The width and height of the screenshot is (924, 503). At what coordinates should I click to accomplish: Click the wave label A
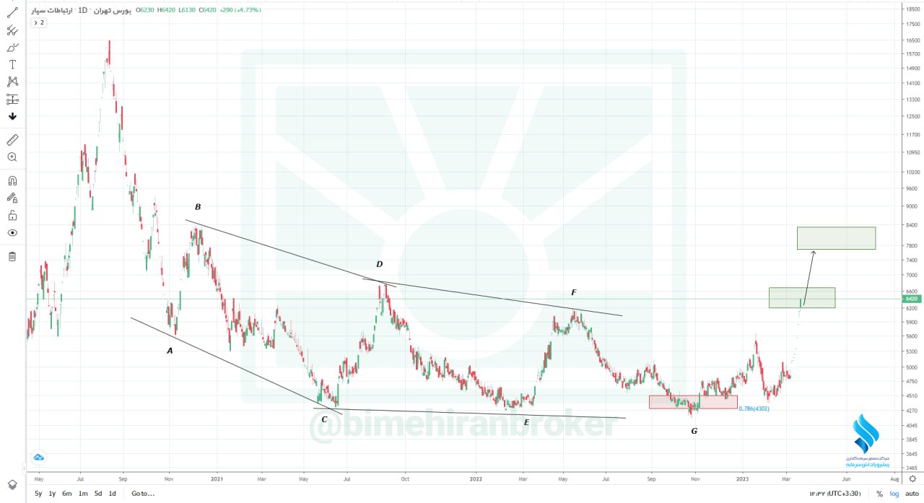click(x=170, y=351)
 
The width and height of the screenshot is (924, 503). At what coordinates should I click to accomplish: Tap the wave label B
click(x=197, y=207)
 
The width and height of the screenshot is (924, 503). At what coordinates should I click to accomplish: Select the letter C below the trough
click(x=324, y=419)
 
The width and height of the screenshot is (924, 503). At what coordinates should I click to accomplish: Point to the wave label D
click(x=379, y=264)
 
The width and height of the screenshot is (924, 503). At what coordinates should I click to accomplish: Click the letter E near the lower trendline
click(x=526, y=422)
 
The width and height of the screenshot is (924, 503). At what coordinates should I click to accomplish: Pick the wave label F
click(x=573, y=292)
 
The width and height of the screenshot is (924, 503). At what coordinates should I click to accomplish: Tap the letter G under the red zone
click(x=694, y=431)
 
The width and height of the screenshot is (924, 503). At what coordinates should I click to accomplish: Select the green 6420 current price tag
click(x=910, y=299)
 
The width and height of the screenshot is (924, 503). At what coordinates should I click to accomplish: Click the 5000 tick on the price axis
click(x=910, y=367)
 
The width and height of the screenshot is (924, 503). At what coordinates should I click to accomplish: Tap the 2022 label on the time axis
click(x=475, y=478)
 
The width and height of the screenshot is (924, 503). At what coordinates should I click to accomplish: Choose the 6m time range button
click(x=66, y=494)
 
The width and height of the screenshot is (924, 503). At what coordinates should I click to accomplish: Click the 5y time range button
click(x=38, y=494)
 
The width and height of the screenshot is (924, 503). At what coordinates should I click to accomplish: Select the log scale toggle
click(x=894, y=494)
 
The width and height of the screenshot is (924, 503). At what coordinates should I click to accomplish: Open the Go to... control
click(x=143, y=494)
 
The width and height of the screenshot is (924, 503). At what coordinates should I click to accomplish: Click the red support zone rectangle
click(x=693, y=402)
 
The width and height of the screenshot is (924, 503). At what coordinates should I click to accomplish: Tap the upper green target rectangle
click(x=836, y=238)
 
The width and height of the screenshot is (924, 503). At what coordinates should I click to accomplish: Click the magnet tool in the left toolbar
click(x=12, y=181)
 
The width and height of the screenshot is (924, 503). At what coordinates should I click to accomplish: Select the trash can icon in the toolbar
click(x=12, y=256)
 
